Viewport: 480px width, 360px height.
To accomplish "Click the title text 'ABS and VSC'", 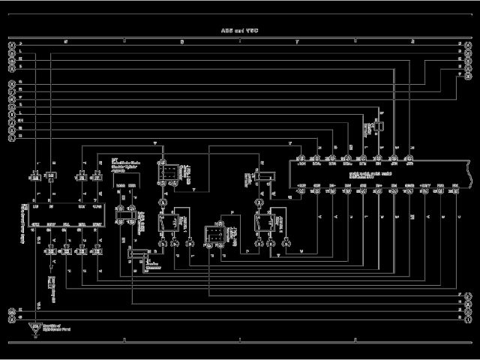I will tap(240, 31).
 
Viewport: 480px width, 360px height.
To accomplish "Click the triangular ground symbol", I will tap(33, 329).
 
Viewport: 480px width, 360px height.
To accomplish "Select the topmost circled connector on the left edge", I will tap(11, 46).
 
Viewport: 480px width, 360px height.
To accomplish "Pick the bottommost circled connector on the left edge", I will tap(11, 318).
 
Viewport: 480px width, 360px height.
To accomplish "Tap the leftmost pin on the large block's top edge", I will tap(300, 159).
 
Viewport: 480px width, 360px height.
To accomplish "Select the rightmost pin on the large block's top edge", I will tap(409, 159).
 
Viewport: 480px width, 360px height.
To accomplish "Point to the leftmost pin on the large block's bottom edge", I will tap(300, 190).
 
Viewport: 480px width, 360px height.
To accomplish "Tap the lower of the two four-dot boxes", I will tap(215, 233).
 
